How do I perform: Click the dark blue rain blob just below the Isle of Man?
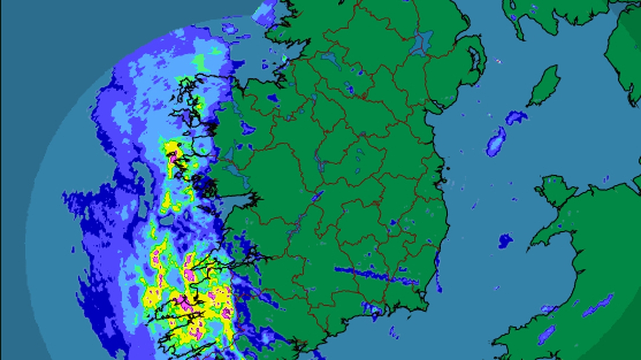pos(516,117)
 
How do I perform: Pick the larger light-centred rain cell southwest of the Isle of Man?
pos(496,141)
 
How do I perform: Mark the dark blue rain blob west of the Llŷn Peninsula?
pos(505,241)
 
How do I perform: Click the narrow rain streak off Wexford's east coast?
pos(439,272)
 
